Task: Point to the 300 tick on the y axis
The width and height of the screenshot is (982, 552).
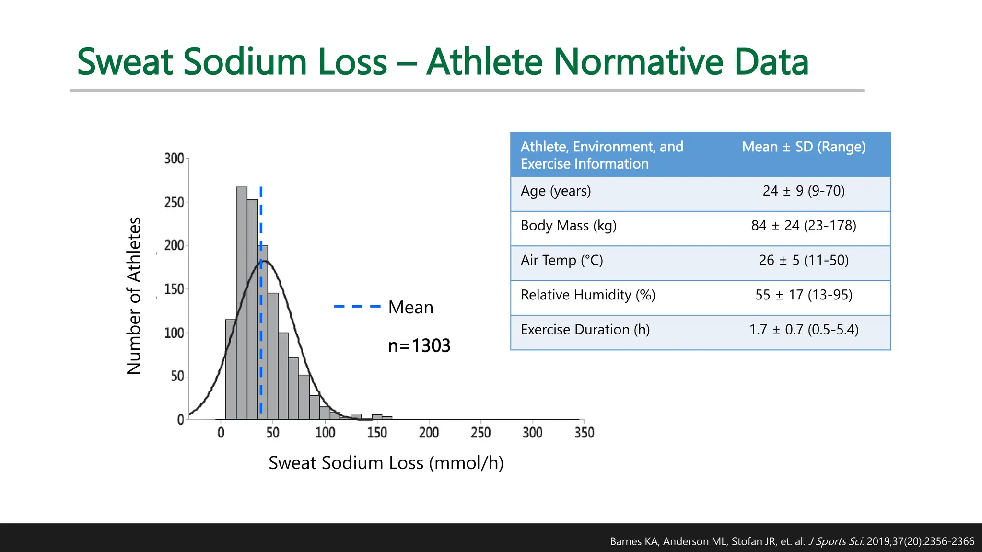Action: click(x=175, y=159)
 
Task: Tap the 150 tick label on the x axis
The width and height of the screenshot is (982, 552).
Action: click(x=377, y=433)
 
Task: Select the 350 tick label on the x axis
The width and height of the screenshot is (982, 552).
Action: click(x=584, y=433)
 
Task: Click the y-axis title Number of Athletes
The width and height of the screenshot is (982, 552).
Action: click(x=134, y=296)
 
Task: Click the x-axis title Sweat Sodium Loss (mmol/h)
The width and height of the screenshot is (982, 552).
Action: click(x=386, y=463)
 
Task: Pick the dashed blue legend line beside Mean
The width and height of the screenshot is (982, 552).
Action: click(x=357, y=307)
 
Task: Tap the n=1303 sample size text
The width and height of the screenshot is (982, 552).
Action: click(x=419, y=345)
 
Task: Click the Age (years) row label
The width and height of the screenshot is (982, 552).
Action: click(x=556, y=191)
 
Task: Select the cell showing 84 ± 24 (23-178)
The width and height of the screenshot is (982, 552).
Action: click(x=804, y=225)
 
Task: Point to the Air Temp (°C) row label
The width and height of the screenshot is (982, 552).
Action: click(x=561, y=260)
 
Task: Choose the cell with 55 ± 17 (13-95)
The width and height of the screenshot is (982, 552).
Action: click(x=804, y=295)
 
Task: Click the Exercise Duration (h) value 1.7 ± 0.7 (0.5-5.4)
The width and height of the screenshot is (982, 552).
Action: click(x=804, y=330)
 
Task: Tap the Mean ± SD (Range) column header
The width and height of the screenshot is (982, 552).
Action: click(x=804, y=147)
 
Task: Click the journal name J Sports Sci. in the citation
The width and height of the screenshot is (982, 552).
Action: click(x=836, y=541)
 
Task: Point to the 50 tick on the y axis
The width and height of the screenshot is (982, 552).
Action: click(x=177, y=376)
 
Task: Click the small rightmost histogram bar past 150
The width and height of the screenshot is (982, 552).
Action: click(x=387, y=418)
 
